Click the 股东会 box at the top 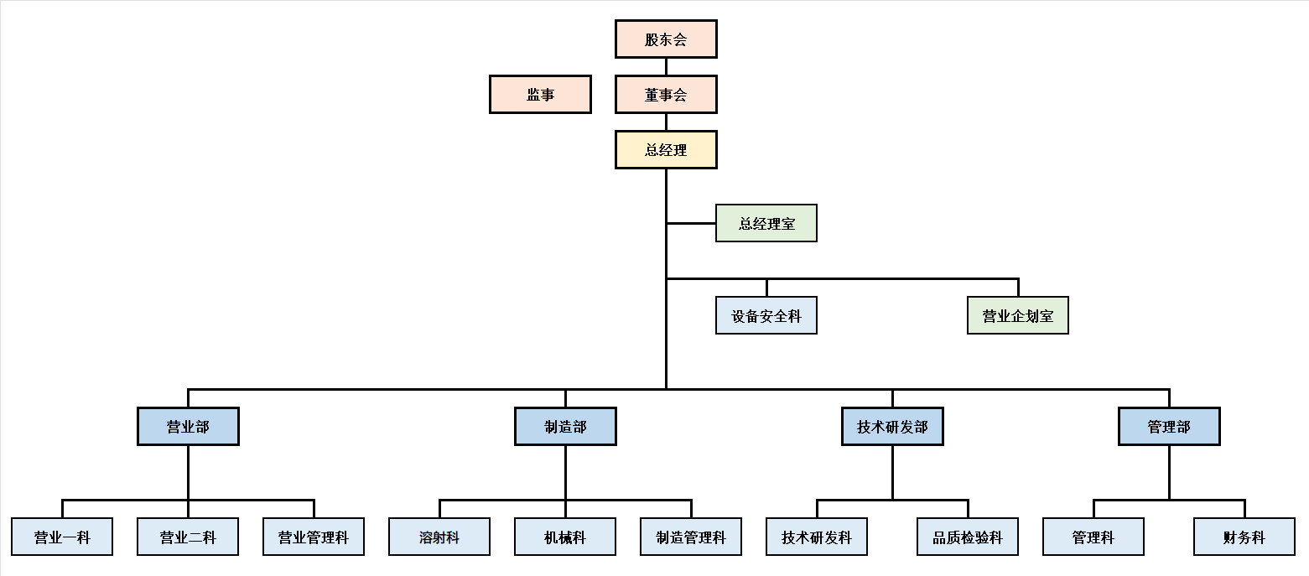coord(666,39)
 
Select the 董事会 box coord(666,95)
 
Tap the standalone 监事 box coord(540,95)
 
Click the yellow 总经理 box coord(666,150)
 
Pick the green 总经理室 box coord(766,224)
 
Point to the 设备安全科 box coord(766,316)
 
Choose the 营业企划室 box coord(1017,316)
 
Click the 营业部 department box coord(188,427)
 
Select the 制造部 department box coord(565,427)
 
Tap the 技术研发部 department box coord(892,427)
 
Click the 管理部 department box coord(1169,427)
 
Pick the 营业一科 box coord(62,537)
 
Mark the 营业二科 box coord(188,537)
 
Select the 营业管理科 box coord(314,537)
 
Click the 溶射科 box coord(439,537)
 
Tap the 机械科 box coord(565,537)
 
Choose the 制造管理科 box coord(691,537)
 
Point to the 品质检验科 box coord(968,537)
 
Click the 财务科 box coord(1244,537)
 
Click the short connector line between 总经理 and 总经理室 coord(691,224)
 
